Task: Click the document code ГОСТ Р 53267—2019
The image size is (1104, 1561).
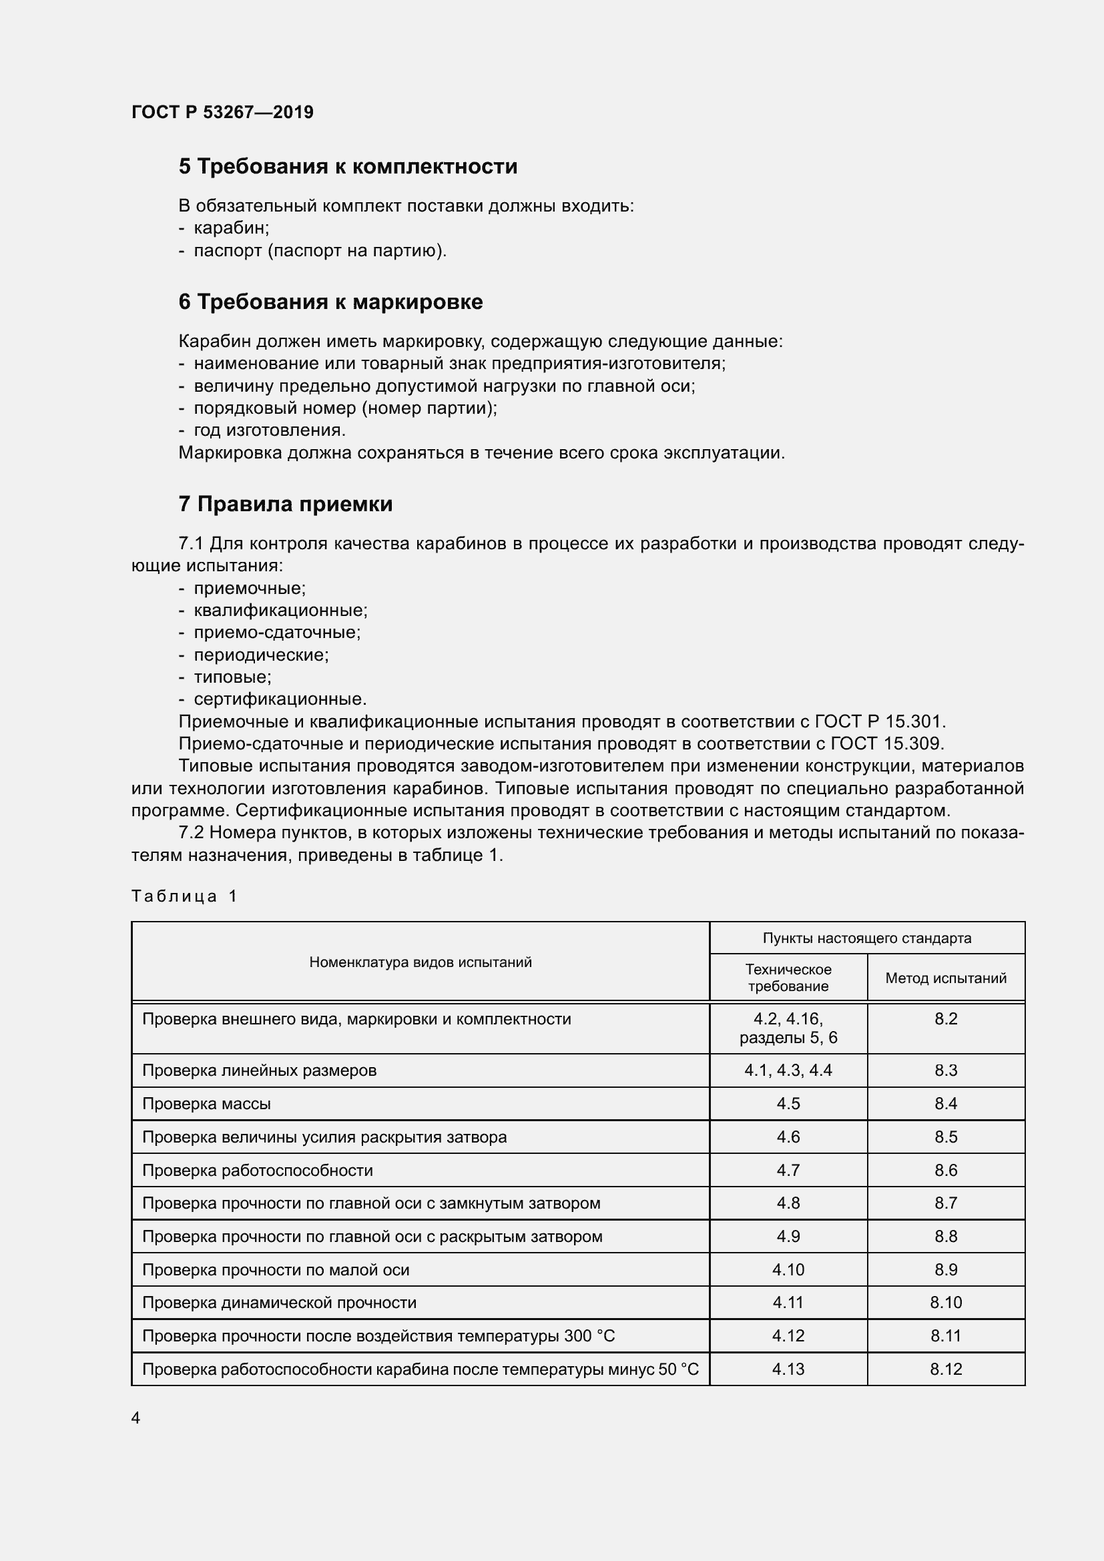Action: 222,112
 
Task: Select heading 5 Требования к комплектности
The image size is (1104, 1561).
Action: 347,167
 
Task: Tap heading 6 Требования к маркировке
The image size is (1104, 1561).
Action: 330,302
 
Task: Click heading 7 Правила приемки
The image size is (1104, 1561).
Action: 286,504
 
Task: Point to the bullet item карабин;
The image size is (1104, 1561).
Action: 231,228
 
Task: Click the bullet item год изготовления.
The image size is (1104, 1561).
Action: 269,430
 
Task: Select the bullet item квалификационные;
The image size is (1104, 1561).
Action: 280,611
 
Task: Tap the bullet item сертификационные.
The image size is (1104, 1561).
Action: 280,699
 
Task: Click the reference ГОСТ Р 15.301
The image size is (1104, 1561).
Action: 880,721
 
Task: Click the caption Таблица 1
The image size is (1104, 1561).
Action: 184,896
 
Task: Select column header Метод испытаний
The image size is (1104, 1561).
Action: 946,978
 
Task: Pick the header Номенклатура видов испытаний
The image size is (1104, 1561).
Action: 420,962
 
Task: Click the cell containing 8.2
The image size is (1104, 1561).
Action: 946,1018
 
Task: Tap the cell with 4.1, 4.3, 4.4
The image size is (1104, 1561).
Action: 788,1070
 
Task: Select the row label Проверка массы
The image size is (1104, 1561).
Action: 207,1103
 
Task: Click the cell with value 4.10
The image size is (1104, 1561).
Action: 788,1269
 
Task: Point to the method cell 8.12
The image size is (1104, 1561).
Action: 946,1369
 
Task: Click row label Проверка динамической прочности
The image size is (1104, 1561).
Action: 279,1303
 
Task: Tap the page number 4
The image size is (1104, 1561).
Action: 136,1418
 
